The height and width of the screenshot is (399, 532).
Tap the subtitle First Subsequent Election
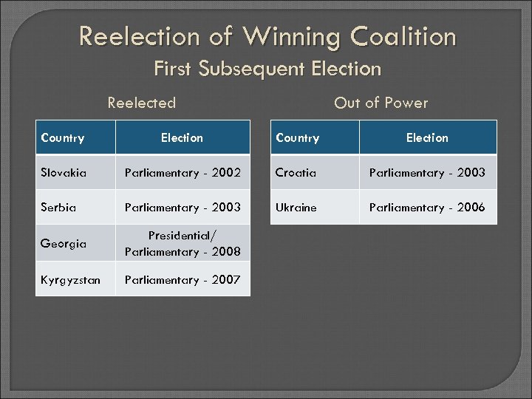267,69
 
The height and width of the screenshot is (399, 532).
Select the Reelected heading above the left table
142,103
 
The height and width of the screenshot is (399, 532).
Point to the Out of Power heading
381,103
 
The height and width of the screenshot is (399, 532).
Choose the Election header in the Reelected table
182,138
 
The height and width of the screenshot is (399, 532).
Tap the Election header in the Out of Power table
427,138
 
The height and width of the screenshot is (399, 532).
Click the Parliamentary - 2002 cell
183,173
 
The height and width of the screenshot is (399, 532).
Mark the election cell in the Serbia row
183,208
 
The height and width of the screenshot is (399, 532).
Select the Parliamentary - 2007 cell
183,280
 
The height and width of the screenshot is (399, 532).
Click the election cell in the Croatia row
427,173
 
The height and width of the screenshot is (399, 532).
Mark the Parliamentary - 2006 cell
427,208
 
